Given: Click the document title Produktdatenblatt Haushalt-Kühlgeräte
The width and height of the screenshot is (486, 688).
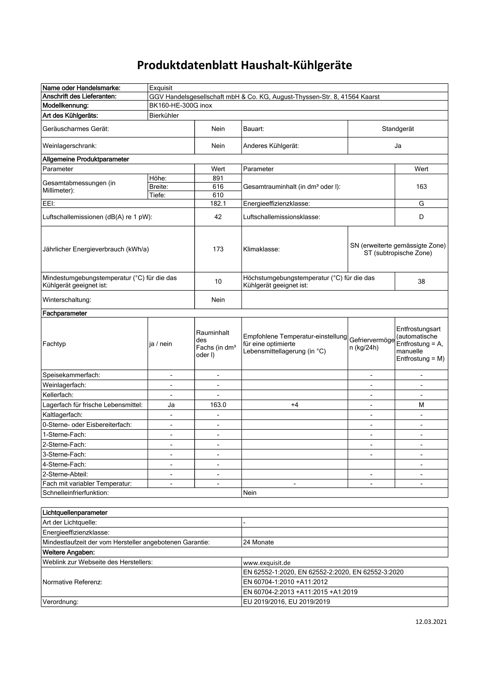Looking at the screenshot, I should coord(244,65).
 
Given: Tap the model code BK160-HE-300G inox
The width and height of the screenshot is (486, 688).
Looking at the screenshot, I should coord(181,106).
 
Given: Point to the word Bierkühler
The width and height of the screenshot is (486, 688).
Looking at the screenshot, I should coord(164,116).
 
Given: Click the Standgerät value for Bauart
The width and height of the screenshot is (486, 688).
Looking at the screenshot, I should coord(398,129).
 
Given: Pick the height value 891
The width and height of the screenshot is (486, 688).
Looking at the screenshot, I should coord(218,178).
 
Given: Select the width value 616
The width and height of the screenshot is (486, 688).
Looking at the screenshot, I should coord(218,187).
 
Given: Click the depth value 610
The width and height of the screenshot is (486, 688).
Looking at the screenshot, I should coord(218,195).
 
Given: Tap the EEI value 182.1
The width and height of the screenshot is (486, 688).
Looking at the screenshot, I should coord(218,204).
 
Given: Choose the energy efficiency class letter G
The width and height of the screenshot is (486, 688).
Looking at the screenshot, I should coord(421,204).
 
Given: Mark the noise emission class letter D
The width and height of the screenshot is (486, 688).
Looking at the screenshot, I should coord(421,217).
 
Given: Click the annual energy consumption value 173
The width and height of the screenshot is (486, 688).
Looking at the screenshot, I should coord(218,249).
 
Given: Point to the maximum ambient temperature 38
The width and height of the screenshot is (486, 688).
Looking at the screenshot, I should coord(421,281).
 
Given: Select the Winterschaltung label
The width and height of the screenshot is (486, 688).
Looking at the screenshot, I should coord(67,300).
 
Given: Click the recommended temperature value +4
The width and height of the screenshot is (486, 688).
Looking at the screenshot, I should coord(295,405).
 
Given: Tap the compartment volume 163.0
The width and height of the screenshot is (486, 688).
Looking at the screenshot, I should coord(218,405).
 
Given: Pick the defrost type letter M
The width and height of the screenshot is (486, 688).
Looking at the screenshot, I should coord(421,405).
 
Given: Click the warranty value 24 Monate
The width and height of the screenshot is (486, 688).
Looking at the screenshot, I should coord(258,542).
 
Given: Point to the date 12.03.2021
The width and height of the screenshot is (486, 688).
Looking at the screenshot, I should coord(431,622).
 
